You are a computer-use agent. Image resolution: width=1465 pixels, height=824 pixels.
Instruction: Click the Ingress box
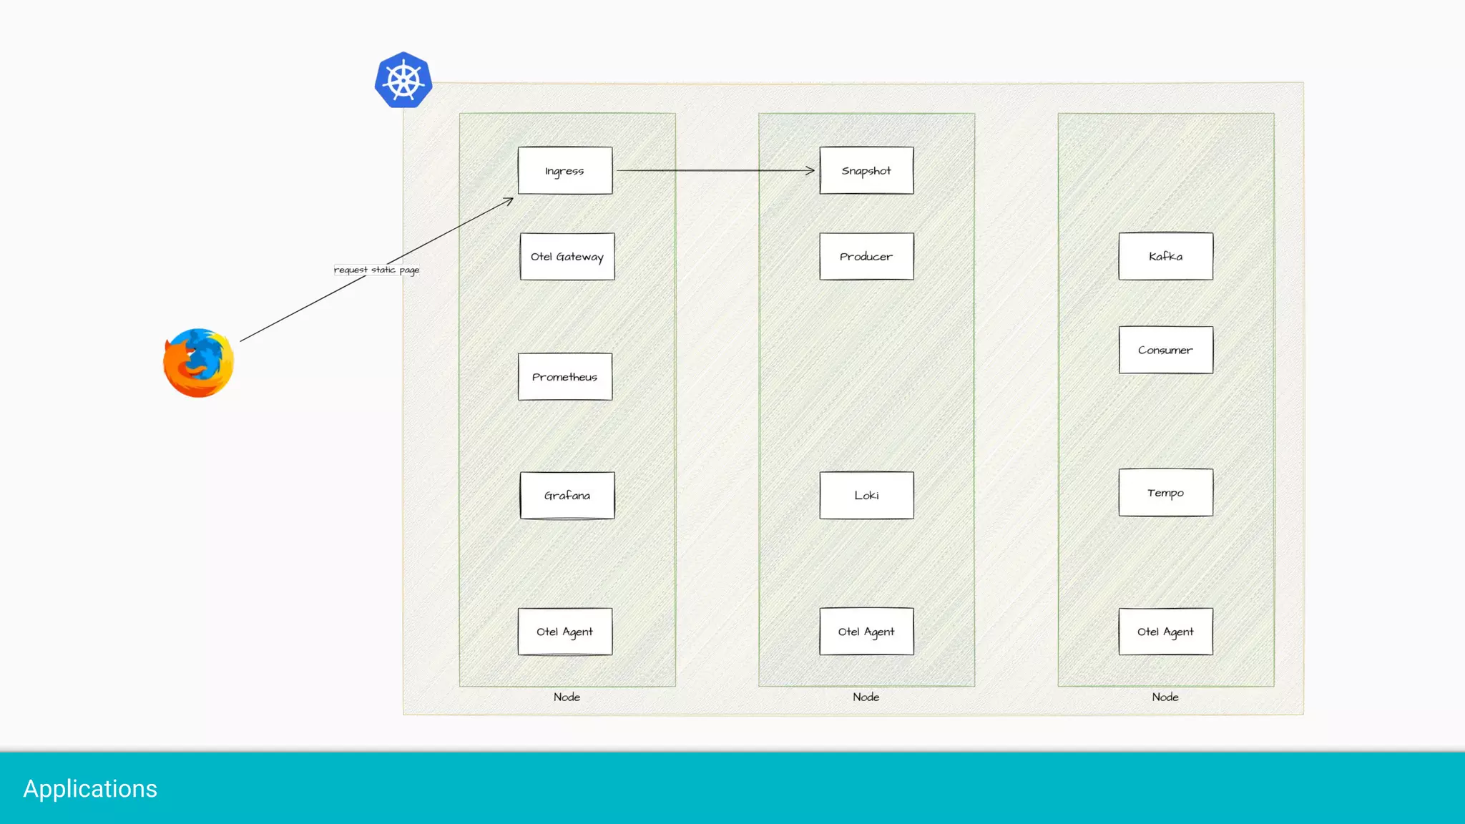(x=565, y=171)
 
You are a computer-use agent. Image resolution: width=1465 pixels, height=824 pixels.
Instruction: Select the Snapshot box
(x=866, y=171)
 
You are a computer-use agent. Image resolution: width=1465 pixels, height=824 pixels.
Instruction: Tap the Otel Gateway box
(x=567, y=257)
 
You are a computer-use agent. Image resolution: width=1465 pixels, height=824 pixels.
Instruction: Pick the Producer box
(x=866, y=257)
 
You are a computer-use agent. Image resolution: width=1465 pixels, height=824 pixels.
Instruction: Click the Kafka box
(x=1165, y=256)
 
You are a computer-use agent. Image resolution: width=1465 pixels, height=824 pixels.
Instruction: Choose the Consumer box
(x=1165, y=350)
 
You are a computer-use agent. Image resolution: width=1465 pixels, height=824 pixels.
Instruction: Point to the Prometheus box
(x=565, y=377)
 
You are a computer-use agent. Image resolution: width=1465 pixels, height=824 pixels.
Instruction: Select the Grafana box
(x=567, y=496)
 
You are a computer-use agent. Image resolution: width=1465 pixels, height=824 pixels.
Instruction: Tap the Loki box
(x=866, y=495)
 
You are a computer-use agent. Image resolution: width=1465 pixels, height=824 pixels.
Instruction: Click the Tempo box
(x=1165, y=493)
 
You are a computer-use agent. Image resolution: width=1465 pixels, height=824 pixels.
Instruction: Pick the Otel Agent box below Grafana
(x=565, y=632)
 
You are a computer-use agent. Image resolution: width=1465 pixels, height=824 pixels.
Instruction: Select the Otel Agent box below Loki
(x=866, y=632)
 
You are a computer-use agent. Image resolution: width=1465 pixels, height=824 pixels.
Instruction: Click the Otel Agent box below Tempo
(x=1165, y=632)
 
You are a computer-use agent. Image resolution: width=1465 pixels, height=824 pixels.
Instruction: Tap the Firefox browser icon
(x=198, y=363)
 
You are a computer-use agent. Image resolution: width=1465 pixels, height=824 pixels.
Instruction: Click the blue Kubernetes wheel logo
(x=403, y=80)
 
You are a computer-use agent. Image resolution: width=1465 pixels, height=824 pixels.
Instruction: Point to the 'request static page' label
(x=376, y=270)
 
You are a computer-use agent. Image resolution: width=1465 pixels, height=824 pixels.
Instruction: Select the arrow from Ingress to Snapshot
(x=715, y=171)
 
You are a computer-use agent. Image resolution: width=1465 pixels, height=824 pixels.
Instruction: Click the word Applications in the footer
(x=90, y=788)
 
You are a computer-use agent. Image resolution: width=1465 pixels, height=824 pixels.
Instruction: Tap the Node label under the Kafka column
(x=1165, y=697)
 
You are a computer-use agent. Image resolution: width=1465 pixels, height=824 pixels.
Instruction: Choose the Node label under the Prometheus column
(x=567, y=697)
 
